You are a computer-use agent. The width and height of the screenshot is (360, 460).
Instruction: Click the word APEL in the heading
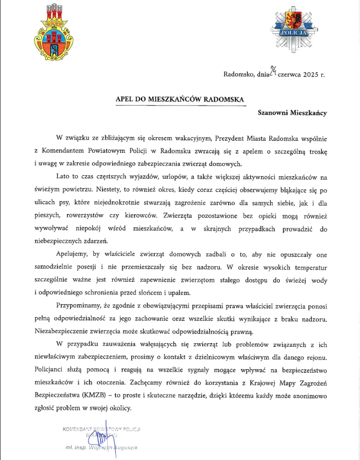[x=125, y=100]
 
